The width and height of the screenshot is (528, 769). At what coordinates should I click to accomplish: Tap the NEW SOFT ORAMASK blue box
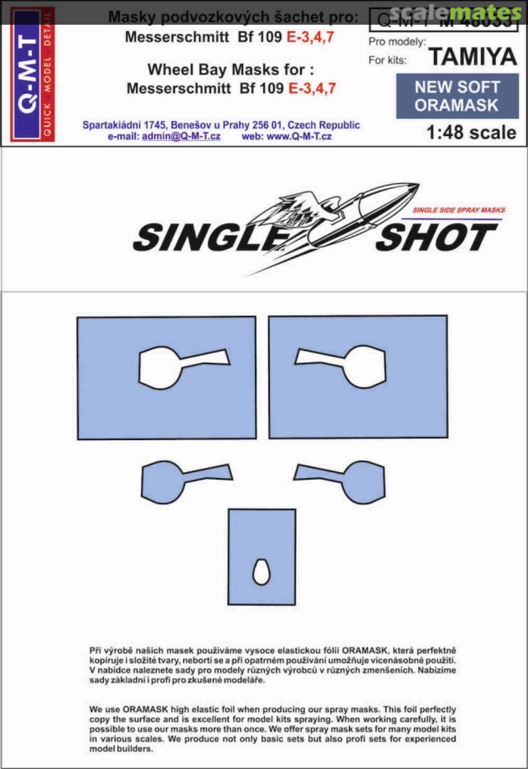[x=457, y=96]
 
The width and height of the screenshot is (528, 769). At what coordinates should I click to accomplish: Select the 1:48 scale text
[x=471, y=132]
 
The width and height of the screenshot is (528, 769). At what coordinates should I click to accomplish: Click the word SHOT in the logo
[x=435, y=238]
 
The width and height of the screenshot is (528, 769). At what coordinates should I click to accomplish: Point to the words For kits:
[x=387, y=60]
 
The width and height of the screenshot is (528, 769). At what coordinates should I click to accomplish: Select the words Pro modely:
[x=397, y=42]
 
